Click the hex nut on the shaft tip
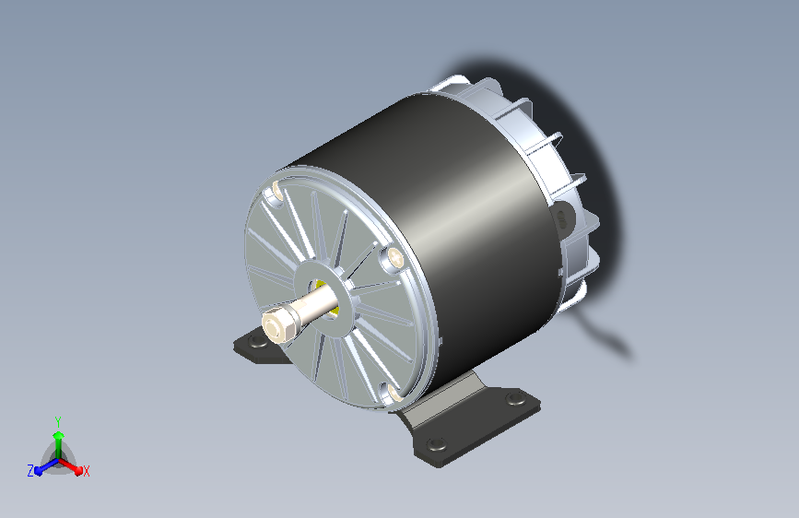coord(278,324)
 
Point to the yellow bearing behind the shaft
coord(325,297)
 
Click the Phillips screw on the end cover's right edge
coord(394,260)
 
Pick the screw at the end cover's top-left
coord(276,194)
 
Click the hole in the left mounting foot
coord(258,341)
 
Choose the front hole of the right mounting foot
coord(436,444)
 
